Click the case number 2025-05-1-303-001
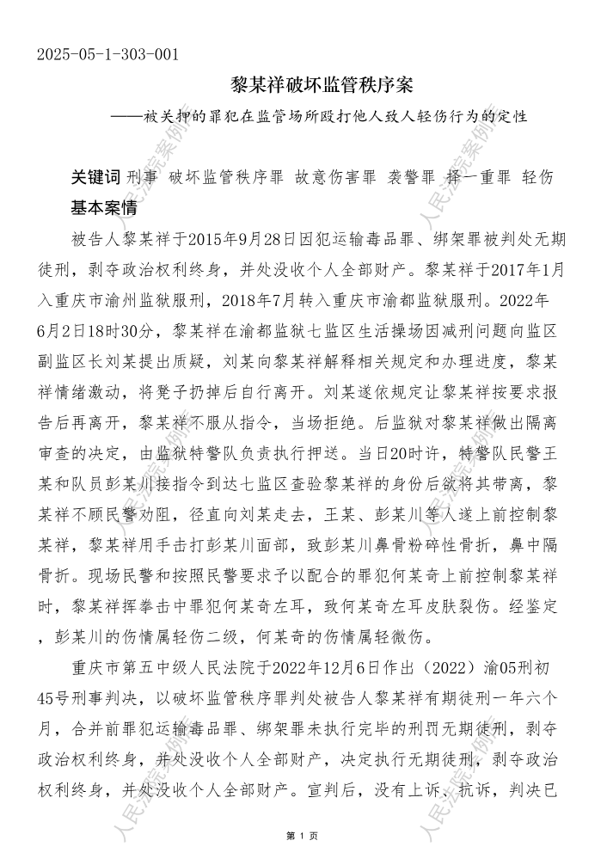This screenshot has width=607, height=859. click(108, 55)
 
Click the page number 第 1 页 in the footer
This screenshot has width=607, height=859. click(303, 836)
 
